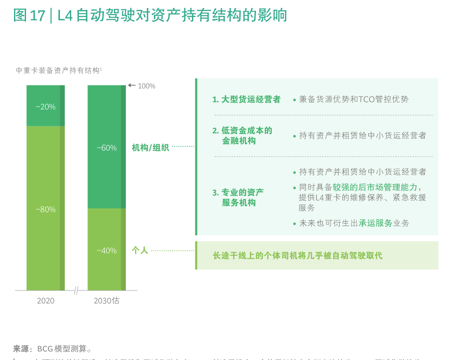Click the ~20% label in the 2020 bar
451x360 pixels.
click(x=45, y=107)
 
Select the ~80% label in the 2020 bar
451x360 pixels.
click(x=45, y=210)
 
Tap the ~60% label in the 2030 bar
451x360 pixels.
click(x=106, y=148)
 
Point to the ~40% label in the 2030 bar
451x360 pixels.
click(x=106, y=251)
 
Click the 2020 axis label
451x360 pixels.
click(x=45, y=301)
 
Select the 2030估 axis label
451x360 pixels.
click(x=106, y=301)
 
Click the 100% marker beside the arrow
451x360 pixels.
click(x=146, y=86)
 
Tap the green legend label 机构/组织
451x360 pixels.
click(x=150, y=148)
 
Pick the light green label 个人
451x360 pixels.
click(x=140, y=251)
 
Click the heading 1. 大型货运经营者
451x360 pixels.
click(x=246, y=100)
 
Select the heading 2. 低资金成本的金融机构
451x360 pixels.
click(x=242, y=135)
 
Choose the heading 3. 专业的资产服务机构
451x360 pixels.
click(x=238, y=197)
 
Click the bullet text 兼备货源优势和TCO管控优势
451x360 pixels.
click(x=353, y=100)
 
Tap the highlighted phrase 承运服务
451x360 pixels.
click(x=375, y=223)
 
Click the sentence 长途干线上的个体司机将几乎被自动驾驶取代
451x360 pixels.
click(x=297, y=256)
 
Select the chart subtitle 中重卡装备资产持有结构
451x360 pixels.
click(x=58, y=70)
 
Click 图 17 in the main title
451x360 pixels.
click(x=29, y=16)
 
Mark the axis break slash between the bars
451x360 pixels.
click(x=76, y=290)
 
